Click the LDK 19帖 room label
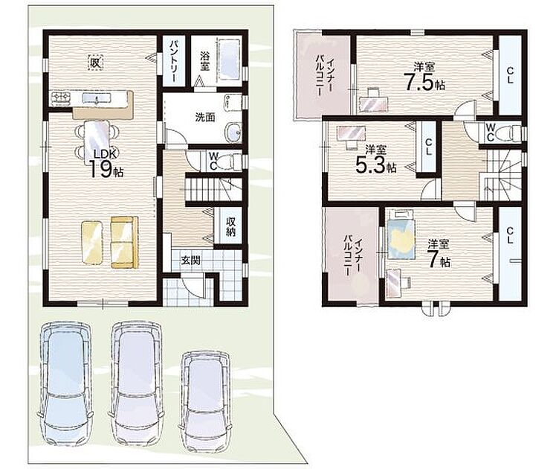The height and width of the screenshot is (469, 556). (105, 164)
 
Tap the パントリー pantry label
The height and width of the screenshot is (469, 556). (174, 61)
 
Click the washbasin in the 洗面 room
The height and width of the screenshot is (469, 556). (233, 132)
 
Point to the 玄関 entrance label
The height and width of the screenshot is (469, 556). (191, 261)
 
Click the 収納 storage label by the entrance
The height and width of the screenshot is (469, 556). (231, 226)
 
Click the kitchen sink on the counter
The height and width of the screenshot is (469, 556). (97, 98)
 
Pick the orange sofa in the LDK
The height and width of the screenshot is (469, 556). (124, 243)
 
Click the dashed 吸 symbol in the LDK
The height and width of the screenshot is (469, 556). (95, 63)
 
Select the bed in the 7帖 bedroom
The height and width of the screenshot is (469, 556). (401, 234)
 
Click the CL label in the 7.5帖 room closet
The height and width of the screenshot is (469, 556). (510, 75)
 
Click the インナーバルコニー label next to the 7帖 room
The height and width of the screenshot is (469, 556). (352, 254)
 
